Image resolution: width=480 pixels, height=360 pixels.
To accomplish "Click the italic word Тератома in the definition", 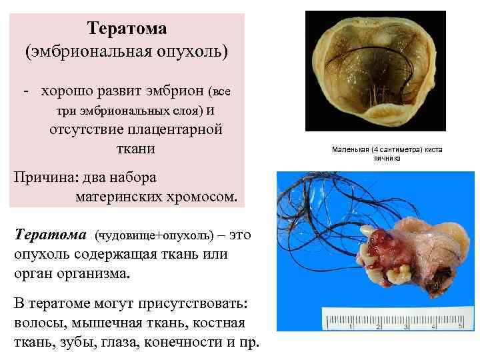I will coord(51,235).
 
